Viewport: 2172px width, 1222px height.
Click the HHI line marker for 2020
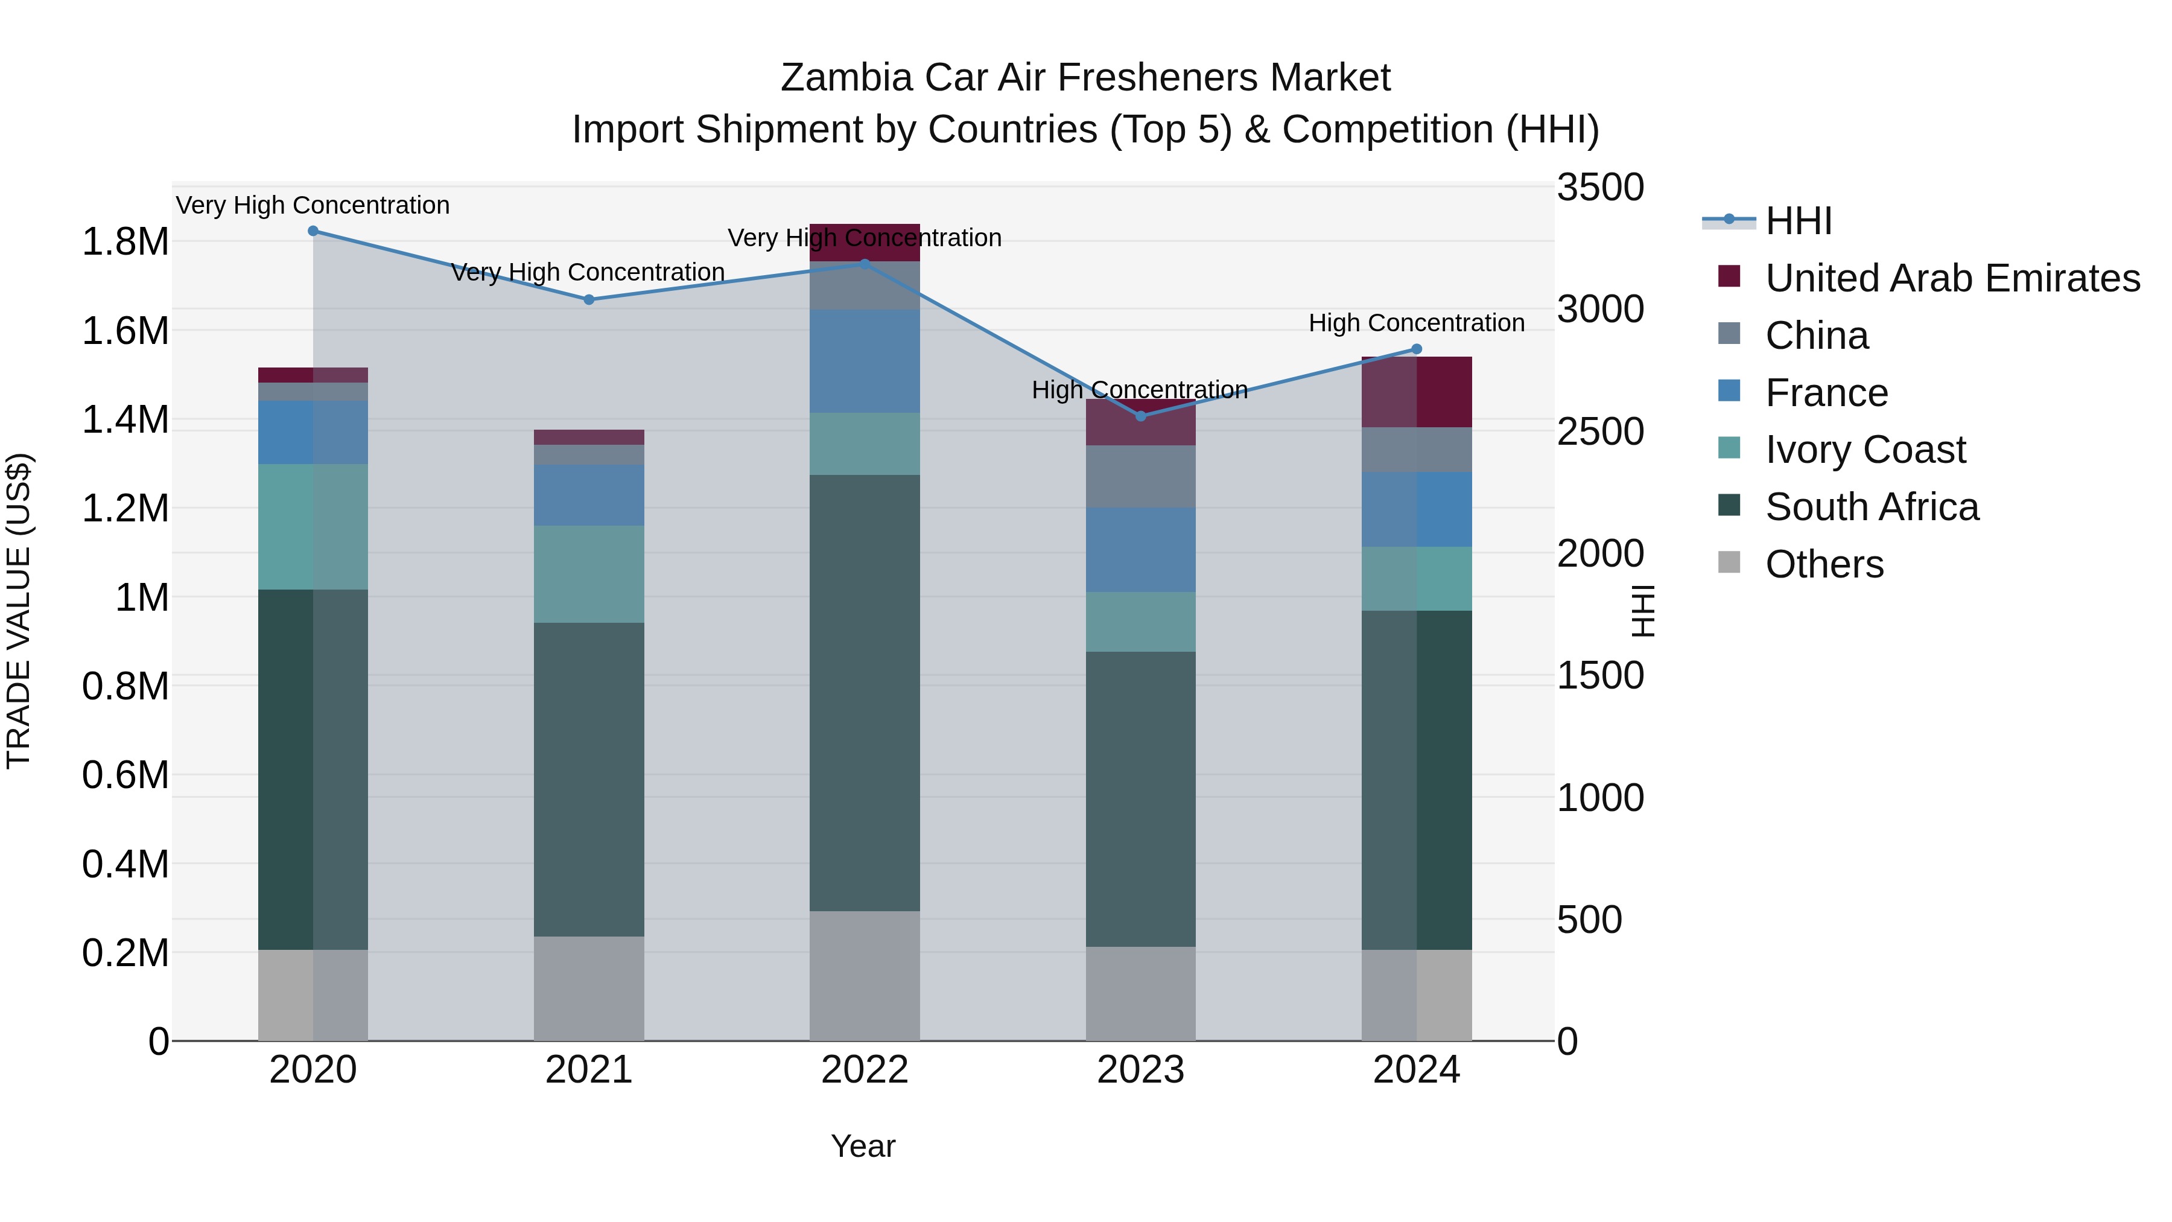[x=313, y=231]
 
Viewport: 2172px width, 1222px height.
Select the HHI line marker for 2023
[x=1141, y=416]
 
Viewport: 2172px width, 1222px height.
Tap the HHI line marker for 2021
[x=588, y=299]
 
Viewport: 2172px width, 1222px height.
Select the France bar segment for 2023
[x=1141, y=549]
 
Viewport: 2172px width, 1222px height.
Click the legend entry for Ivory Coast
[x=1864, y=450]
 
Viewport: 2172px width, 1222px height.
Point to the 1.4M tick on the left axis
[x=125, y=420]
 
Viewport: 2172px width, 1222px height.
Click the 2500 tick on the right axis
[x=1599, y=432]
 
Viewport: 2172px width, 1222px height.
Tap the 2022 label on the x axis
[x=864, y=1070]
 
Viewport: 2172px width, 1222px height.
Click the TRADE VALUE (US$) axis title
[x=19, y=611]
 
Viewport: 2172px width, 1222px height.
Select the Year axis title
[x=863, y=1146]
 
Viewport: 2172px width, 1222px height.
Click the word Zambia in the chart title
[x=846, y=78]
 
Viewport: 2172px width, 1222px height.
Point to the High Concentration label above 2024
[x=1417, y=323]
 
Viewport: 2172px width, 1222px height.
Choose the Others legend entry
[x=1824, y=564]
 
